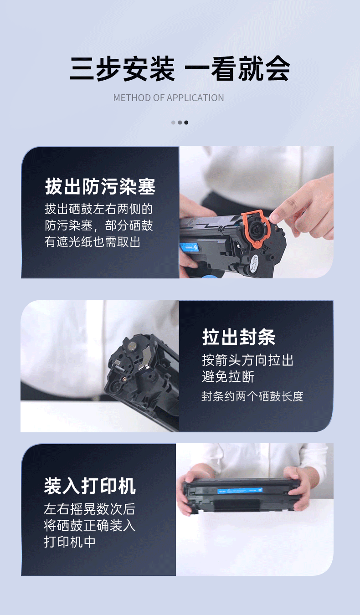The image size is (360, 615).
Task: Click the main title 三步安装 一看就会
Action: [x=180, y=69]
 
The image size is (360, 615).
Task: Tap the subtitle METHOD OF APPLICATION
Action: [x=169, y=98]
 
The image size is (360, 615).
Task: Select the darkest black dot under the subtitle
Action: [x=186, y=123]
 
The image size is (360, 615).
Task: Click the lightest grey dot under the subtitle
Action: [x=173, y=123]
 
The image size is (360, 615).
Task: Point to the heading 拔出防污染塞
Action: [x=100, y=186]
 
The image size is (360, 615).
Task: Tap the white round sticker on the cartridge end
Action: [x=254, y=264]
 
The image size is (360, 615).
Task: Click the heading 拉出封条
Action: [x=239, y=337]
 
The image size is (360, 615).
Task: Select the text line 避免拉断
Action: [x=228, y=376]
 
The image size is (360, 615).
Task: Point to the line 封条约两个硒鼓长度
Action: [x=252, y=396]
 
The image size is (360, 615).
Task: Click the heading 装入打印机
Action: [x=90, y=486]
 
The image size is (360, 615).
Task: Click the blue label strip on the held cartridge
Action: [x=240, y=490]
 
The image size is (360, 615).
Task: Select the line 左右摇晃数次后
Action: [x=89, y=509]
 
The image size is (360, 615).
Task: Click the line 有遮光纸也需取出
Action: [x=93, y=242]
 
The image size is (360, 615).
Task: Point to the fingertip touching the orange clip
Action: [x=274, y=218]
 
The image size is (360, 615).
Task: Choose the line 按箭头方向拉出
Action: [x=248, y=360]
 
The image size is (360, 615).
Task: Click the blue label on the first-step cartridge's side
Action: [x=189, y=247]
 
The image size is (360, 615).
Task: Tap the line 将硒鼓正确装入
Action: [x=89, y=526]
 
